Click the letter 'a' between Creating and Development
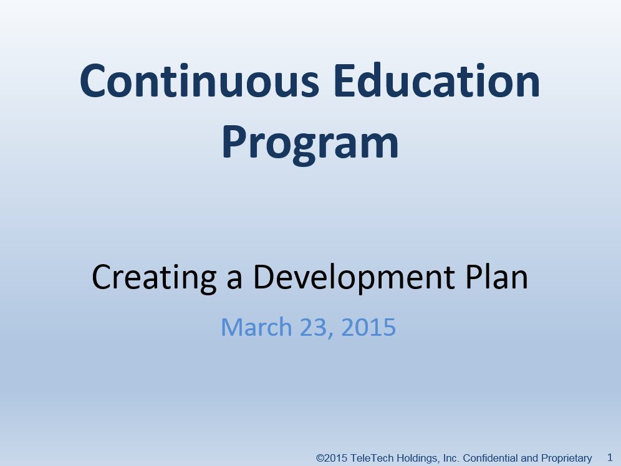[234, 280]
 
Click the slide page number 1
[610, 457]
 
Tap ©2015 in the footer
[332, 458]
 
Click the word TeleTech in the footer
[372, 458]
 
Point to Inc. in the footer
[450, 458]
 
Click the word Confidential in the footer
[489, 458]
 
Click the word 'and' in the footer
[527, 458]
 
